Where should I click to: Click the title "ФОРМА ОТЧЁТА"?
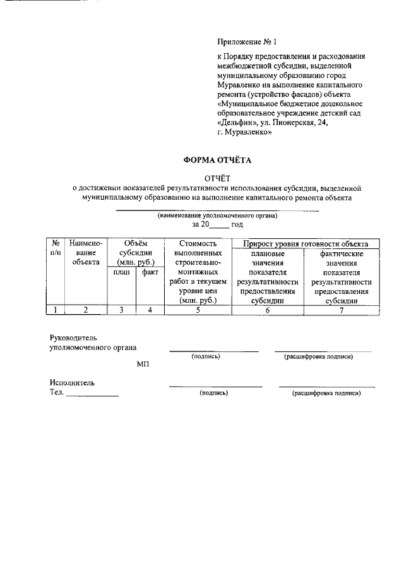[217, 161]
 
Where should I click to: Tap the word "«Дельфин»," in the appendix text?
[240, 123]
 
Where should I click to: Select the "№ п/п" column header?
[56, 248]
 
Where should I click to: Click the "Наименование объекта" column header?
[86, 253]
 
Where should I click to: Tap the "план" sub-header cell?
[122, 272]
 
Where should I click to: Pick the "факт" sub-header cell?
[150, 272]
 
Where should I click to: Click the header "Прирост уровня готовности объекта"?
[306, 243]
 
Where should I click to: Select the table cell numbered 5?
[198, 310]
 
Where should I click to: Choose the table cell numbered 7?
[342, 310]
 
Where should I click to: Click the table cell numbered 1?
[56, 310]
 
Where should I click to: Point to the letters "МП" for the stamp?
[143, 365]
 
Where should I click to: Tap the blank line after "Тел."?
[92, 394]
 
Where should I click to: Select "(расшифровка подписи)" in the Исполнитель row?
[326, 393]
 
